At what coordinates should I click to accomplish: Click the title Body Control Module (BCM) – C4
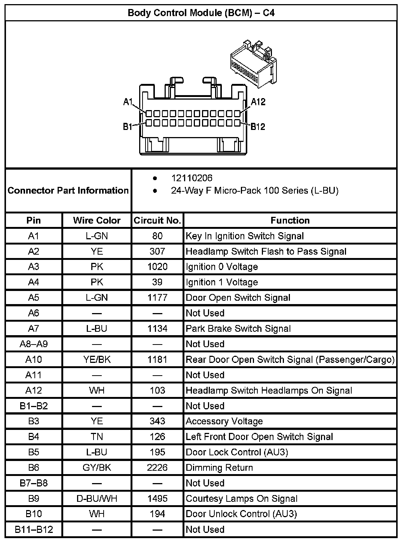click(201, 13)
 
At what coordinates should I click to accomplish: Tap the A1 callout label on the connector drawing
click(128, 102)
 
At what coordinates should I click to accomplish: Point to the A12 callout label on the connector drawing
click(258, 102)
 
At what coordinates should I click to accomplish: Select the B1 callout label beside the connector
click(128, 127)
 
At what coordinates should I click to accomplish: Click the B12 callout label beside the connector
click(258, 127)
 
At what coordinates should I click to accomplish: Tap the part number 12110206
click(192, 178)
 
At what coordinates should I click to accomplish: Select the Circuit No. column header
click(157, 220)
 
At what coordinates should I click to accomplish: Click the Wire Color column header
click(97, 220)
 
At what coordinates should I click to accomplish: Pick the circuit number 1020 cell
click(157, 267)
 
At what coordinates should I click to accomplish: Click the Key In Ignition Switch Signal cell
click(245, 236)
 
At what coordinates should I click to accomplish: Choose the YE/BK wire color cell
click(97, 360)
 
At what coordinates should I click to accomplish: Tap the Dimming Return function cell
click(219, 468)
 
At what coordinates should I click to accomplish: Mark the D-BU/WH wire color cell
click(97, 498)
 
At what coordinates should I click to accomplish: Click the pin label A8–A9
click(34, 344)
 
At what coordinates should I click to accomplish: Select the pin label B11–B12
click(34, 530)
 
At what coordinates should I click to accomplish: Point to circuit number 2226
click(157, 468)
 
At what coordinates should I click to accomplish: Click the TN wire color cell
click(97, 437)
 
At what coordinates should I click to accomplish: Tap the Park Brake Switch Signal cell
click(238, 328)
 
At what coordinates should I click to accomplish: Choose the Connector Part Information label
click(68, 190)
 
